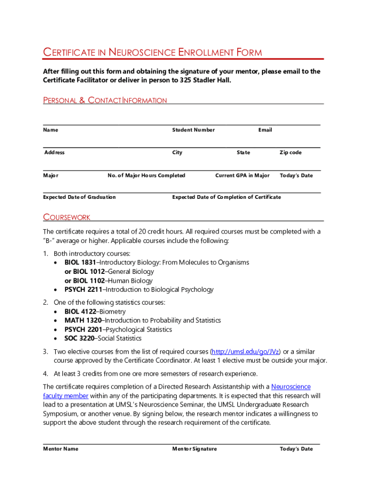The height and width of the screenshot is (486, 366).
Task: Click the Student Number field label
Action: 193,130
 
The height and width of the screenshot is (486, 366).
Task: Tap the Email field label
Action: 265,130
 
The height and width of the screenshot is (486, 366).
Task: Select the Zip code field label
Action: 290,153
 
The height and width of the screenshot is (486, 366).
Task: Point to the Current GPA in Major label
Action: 242,176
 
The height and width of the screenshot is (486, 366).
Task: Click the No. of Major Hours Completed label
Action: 146,176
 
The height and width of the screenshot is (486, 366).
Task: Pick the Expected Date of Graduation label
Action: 79,197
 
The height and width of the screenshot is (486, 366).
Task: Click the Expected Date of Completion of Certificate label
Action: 226,197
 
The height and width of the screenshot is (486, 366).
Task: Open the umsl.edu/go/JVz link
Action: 246,352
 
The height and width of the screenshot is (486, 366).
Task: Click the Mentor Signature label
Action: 194,449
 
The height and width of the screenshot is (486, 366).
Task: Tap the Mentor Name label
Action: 61,449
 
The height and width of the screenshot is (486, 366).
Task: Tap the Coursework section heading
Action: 67,217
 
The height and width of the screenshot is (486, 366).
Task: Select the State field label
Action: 243,153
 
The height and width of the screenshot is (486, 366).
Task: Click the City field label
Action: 177,153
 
